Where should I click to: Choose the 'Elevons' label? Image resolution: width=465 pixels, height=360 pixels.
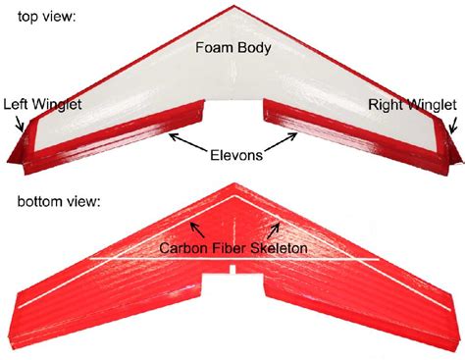pyautogui.click(x=236, y=154)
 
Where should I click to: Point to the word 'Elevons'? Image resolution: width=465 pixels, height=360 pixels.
pyautogui.click(x=236, y=154)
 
